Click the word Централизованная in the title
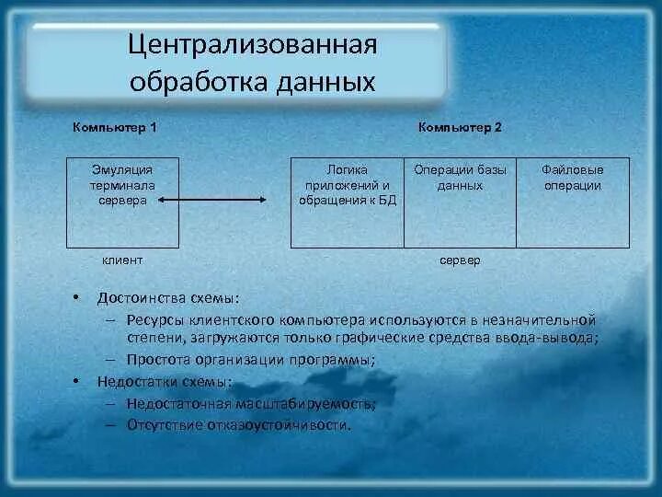(x=252, y=45)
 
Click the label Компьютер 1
(x=115, y=127)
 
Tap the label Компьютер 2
(x=460, y=127)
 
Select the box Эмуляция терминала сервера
(x=122, y=202)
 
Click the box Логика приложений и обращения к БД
(x=347, y=202)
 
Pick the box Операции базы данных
(x=460, y=202)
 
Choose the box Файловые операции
(x=573, y=202)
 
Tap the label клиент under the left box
(x=121, y=260)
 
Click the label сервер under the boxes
(x=460, y=260)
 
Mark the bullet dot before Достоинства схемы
(x=77, y=297)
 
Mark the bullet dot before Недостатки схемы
(x=77, y=380)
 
